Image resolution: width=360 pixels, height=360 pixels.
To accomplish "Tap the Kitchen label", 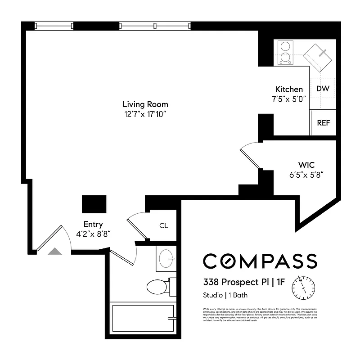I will click(x=289, y=89).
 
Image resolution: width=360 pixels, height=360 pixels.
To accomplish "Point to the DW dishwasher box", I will click(x=323, y=89).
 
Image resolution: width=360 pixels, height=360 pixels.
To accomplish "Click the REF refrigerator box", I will click(x=323, y=122).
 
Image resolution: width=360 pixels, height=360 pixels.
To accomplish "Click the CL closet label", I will click(x=163, y=225).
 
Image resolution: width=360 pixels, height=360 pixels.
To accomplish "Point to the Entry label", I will click(x=93, y=224).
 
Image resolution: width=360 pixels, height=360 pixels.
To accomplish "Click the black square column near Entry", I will click(x=94, y=204).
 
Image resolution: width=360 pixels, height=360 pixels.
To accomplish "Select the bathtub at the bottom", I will click(x=143, y=318).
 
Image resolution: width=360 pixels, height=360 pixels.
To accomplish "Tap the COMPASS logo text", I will click(x=260, y=261).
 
